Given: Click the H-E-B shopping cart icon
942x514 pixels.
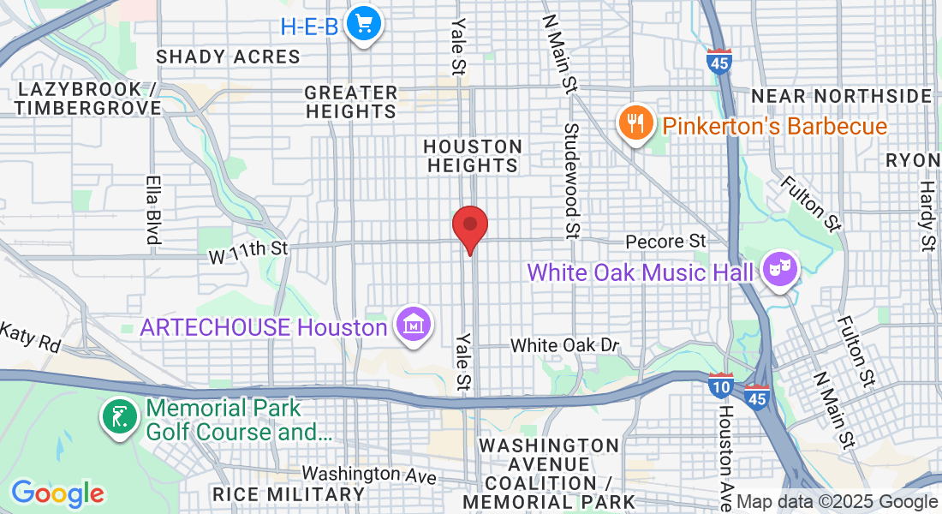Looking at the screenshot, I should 364,24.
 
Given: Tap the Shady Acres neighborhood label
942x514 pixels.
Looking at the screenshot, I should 228,57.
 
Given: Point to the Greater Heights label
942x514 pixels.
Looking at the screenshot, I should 351,102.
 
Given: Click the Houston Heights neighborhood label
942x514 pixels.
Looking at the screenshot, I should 472,156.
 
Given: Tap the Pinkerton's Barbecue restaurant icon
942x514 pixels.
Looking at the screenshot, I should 635,123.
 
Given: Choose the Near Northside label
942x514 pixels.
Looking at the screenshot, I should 841,95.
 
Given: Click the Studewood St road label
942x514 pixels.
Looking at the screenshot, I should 571,181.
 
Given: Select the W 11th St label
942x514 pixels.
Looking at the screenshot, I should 248,248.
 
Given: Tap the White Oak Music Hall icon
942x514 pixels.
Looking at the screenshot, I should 781,269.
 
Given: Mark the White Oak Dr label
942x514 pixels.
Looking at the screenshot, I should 564,345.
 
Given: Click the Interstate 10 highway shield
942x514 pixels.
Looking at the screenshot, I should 721,387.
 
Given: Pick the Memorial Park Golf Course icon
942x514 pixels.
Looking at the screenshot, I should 119,417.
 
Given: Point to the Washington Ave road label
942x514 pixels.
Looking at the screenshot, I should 363,474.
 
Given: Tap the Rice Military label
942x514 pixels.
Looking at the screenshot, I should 289,494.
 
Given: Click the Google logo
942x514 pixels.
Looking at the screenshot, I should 57,493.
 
